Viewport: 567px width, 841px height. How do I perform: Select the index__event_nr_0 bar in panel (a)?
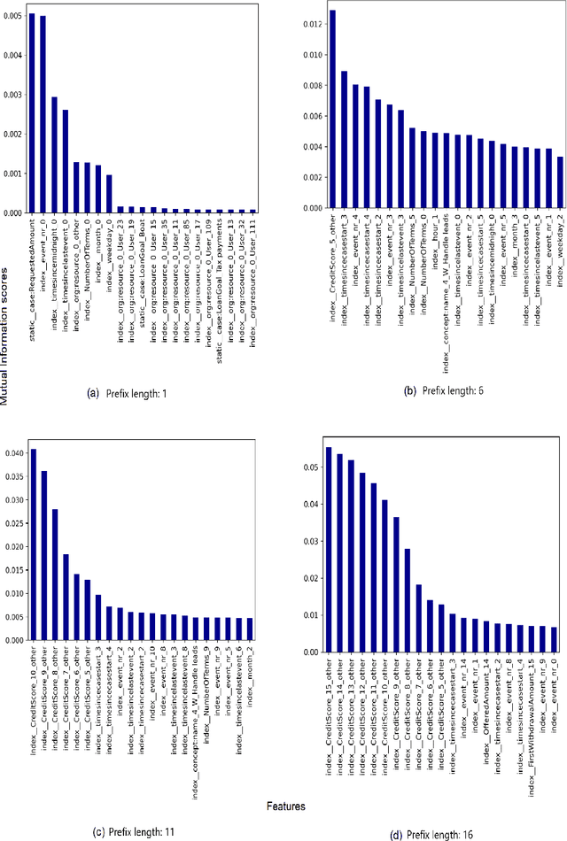pos(43,115)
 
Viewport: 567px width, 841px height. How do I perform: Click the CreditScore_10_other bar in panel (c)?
pos(34,544)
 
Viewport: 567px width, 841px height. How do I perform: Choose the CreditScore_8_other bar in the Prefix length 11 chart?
pos(55,575)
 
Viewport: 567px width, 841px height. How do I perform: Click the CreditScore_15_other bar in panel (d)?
pos(329,549)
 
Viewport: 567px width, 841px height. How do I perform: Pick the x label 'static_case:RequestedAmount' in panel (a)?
pos(33,274)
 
